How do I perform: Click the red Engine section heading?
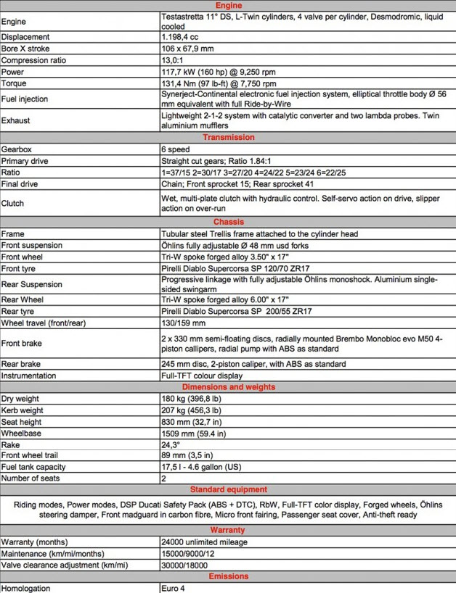click(228, 5)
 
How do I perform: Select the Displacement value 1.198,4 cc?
click(182, 36)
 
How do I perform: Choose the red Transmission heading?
click(228, 137)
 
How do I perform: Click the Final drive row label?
click(22, 185)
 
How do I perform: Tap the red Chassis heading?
click(228, 222)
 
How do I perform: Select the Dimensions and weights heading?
click(228, 387)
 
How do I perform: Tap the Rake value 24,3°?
click(172, 444)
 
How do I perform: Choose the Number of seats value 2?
click(164, 478)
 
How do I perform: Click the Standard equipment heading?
click(228, 489)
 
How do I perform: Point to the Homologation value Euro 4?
click(174, 588)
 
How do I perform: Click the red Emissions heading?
click(228, 576)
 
